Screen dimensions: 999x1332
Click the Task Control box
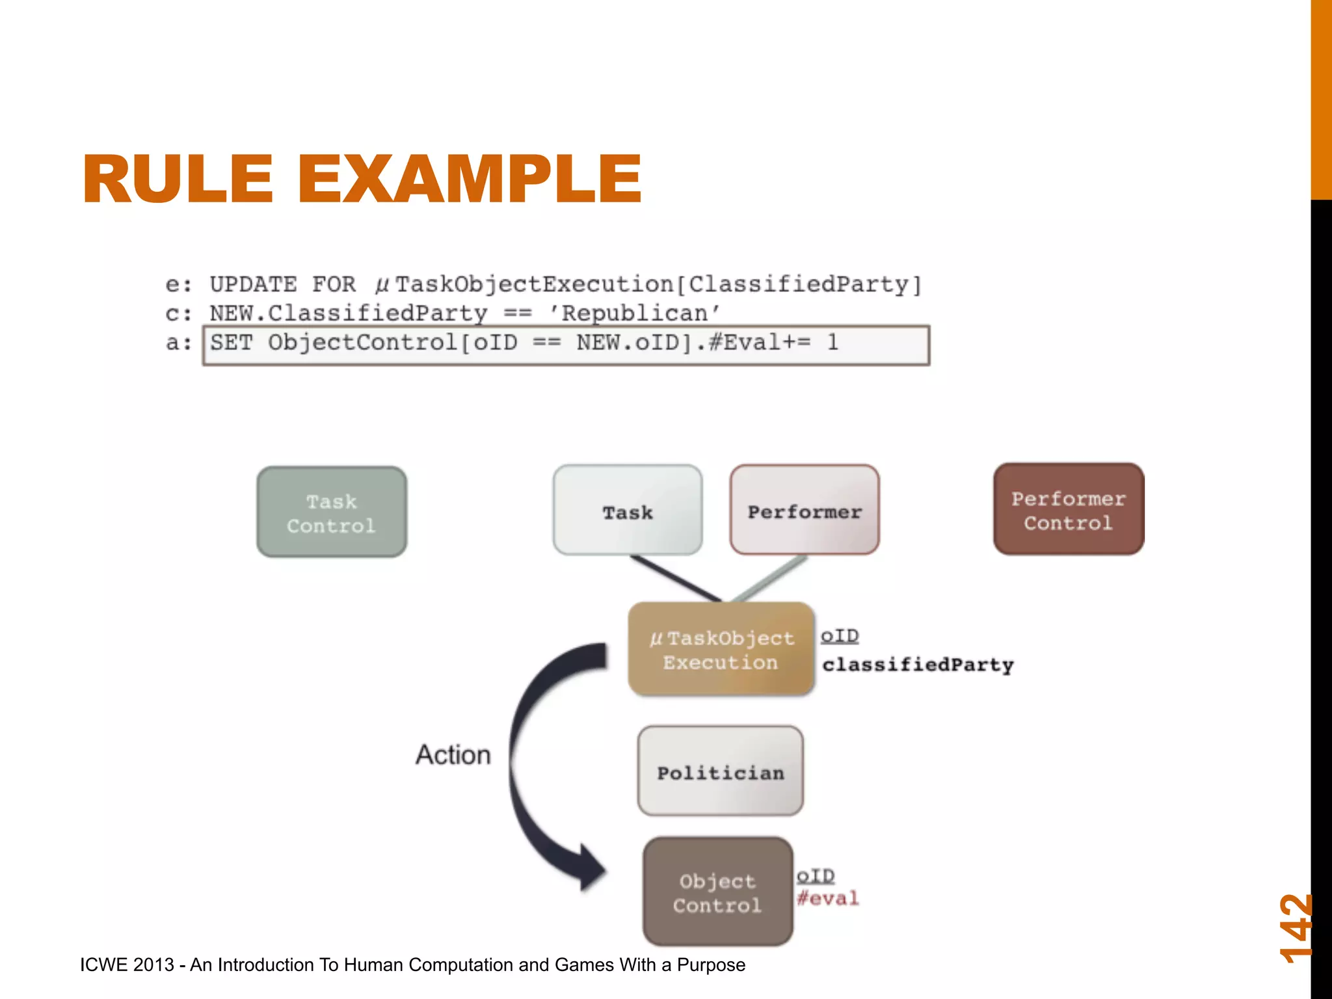click(x=332, y=513)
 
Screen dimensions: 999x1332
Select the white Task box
click(x=628, y=511)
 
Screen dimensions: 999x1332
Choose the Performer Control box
click(x=1068, y=510)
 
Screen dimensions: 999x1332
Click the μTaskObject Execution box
click(x=721, y=650)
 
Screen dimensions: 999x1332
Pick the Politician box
click(x=721, y=772)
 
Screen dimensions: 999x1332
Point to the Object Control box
click(x=717, y=892)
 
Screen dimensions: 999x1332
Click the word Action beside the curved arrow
click(x=453, y=755)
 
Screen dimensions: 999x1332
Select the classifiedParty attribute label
click(x=918, y=665)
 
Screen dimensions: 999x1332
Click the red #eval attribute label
click(x=828, y=899)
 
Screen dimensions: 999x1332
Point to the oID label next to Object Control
click(x=816, y=876)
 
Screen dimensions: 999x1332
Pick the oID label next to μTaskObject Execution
click(x=840, y=635)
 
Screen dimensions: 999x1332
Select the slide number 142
click(x=1296, y=928)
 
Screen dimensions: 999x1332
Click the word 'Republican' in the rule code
click(x=635, y=313)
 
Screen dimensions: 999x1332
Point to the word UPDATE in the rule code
click(x=253, y=285)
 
